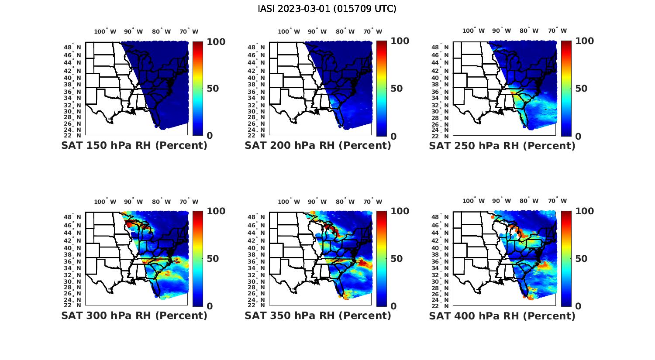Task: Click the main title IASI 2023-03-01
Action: pos(327,9)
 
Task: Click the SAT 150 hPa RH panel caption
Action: pos(134,146)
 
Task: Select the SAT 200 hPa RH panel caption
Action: pos(318,146)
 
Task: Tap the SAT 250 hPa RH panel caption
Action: pos(502,146)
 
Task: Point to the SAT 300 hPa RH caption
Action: pos(134,315)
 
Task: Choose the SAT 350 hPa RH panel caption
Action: pos(318,315)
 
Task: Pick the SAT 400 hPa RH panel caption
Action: pos(502,315)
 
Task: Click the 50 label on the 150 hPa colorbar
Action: pos(213,89)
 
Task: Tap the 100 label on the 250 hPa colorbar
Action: pos(584,41)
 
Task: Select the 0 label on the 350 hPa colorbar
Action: pos(393,306)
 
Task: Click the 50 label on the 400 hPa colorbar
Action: pos(581,259)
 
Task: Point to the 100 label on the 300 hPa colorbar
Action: pos(216,211)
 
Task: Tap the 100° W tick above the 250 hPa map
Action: pos(473,31)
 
